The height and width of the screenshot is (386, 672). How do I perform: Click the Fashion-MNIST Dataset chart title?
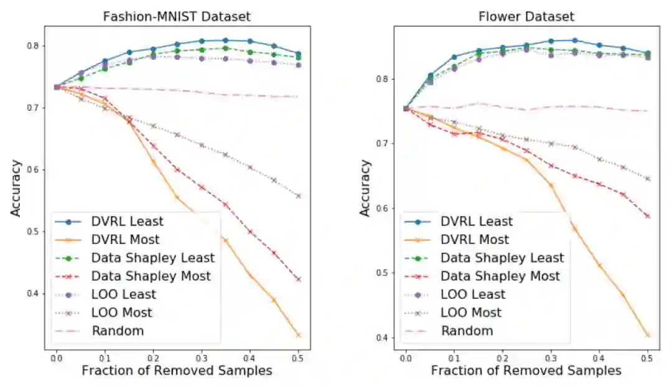click(172, 16)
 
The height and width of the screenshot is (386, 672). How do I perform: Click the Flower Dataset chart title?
click(526, 16)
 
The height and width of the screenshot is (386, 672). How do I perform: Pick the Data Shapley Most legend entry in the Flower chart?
click(500, 276)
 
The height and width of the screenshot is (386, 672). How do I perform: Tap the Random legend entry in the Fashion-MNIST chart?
click(118, 331)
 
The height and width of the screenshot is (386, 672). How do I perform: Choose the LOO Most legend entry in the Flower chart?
click(471, 313)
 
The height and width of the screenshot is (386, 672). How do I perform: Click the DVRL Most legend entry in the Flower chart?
click(475, 240)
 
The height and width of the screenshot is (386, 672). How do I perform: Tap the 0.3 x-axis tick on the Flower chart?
click(550, 359)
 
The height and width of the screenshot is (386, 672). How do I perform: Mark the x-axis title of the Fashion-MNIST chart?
click(177, 371)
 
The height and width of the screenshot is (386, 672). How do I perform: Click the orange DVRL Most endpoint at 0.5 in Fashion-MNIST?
click(298, 335)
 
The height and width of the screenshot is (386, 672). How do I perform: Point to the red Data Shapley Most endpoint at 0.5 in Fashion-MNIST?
click(298, 280)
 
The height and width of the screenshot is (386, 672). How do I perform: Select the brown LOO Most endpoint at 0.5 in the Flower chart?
click(647, 179)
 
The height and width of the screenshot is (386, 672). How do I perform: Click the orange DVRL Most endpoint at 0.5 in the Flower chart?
click(647, 335)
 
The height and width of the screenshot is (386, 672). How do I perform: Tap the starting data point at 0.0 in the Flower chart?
click(406, 108)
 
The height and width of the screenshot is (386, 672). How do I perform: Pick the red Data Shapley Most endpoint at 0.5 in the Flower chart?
click(647, 216)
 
